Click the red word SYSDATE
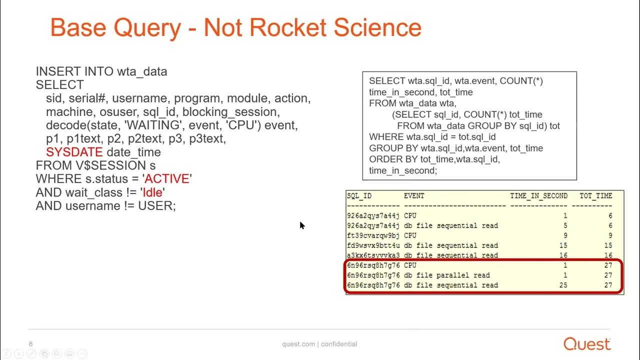coord(74,152)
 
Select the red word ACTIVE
coord(167,179)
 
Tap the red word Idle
coord(153,192)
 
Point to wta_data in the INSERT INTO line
coord(142,71)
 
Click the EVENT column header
coord(414,196)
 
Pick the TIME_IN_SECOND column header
coord(538,196)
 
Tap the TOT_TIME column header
coord(595,196)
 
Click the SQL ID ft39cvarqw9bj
coord(373,235)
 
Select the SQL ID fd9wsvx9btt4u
coord(373,245)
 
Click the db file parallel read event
coord(446,275)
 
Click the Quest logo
coord(587,344)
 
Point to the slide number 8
coord(31,344)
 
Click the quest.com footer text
coord(298,344)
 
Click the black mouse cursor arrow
coord(302,225)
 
